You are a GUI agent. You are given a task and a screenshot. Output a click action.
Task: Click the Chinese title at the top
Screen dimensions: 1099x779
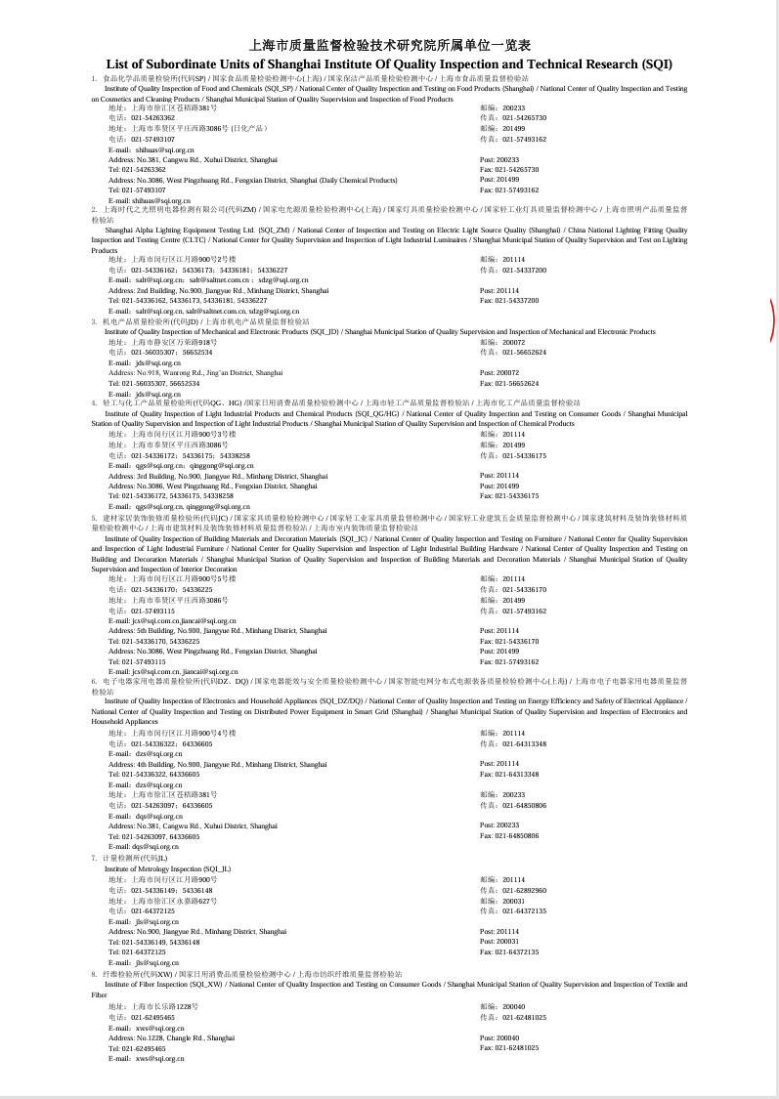pyautogui.click(x=390, y=45)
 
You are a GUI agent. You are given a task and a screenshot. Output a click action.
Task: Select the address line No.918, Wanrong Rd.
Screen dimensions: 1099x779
pyautogui.click(x=195, y=372)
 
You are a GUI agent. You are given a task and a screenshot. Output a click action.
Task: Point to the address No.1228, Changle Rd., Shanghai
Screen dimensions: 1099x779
pyautogui.click(x=172, y=1037)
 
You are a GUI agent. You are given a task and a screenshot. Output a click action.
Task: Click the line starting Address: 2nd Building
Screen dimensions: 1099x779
pyautogui.click(x=219, y=290)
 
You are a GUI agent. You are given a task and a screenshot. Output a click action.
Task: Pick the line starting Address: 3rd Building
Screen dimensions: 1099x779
pyautogui.click(x=218, y=476)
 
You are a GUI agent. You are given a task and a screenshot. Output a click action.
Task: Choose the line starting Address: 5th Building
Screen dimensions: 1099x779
pyautogui.click(x=218, y=631)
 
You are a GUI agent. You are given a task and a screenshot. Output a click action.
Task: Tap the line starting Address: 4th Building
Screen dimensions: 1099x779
pyautogui.click(x=218, y=764)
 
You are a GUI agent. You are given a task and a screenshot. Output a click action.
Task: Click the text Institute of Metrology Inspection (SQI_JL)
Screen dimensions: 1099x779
pyautogui.click(x=168, y=868)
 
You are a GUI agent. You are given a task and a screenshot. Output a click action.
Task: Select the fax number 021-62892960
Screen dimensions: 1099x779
pyautogui.click(x=513, y=890)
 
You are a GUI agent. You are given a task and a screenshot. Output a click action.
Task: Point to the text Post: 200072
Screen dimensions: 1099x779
pyautogui.click(x=499, y=372)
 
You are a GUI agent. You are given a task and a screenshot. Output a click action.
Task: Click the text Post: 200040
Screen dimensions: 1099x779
pyautogui.click(x=499, y=1037)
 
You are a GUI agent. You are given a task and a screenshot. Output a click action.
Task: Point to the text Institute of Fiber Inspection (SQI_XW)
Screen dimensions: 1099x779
pyautogui.click(x=163, y=984)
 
